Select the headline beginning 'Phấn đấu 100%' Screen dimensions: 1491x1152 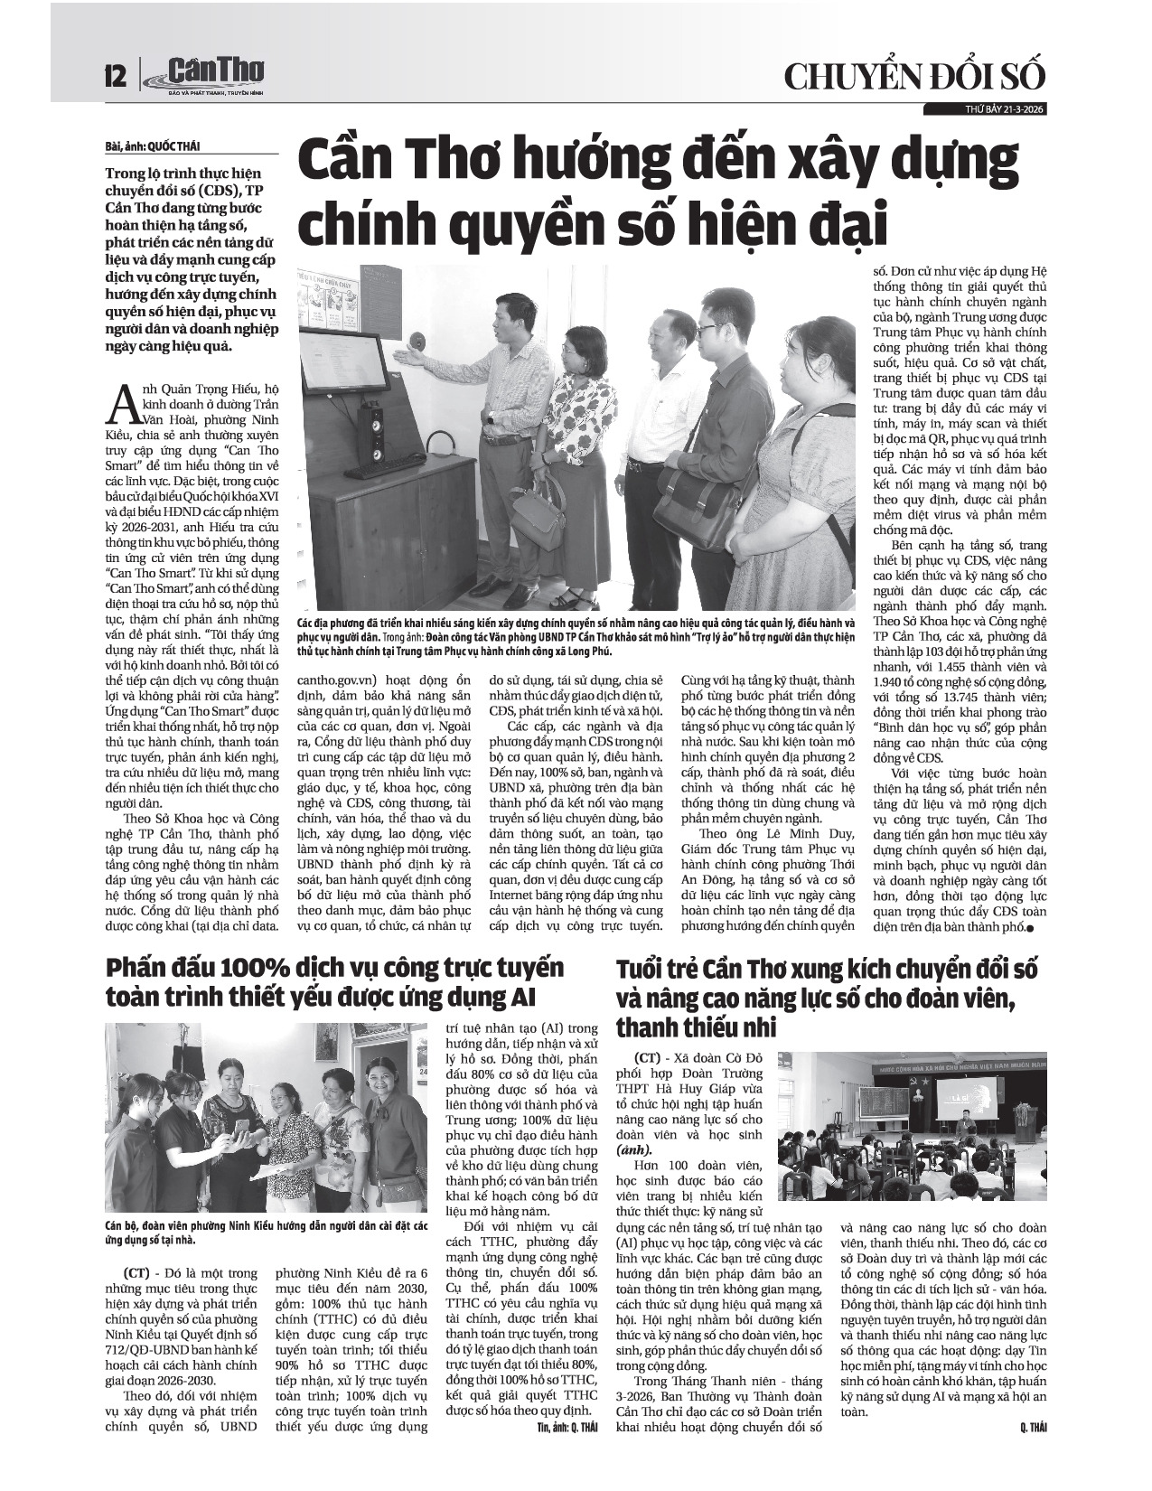[334, 982]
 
